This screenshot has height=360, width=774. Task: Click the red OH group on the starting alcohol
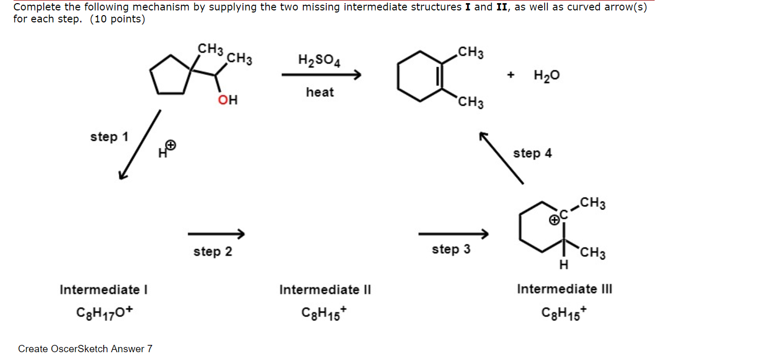[228, 100]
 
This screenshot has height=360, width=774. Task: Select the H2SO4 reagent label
[320, 60]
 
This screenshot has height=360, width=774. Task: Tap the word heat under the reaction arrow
[320, 92]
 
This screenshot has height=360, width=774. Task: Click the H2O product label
[547, 76]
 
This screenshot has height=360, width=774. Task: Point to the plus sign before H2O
[511, 76]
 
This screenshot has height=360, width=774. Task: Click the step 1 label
[109, 136]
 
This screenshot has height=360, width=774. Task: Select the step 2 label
[213, 252]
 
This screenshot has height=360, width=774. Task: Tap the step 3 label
[451, 250]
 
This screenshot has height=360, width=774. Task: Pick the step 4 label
[532, 153]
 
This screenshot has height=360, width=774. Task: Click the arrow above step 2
[216, 233]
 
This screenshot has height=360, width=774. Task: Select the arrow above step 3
[453, 233]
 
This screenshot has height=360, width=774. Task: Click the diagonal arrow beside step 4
[501, 158]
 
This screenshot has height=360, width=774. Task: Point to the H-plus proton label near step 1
[168, 148]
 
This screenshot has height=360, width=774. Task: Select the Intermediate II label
[325, 290]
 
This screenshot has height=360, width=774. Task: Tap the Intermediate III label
[564, 289]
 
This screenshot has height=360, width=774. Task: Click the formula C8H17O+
[104, 313]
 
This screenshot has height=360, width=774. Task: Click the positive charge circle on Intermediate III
[554, 221]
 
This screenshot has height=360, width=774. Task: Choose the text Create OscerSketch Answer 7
[85, 349]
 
